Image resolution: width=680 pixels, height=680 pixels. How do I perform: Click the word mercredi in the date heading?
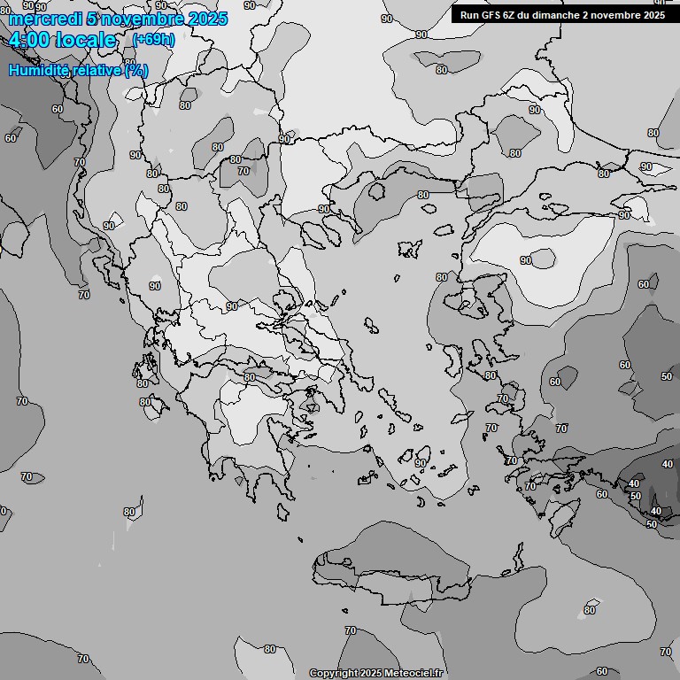tap(42, 19)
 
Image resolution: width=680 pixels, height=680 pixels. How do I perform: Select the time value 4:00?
tap(28, 40)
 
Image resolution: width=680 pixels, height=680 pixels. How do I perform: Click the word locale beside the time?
tap(85, 40)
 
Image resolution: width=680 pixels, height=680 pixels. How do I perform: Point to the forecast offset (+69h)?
tap(153, 40)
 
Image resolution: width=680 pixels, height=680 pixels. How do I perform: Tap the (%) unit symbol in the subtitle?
tap(136, 70)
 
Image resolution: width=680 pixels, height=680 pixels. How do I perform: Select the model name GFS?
tap(491, 15)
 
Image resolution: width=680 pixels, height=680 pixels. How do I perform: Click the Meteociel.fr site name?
tap(413, 673)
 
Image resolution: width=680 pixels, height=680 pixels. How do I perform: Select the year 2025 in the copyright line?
tap(370, 673)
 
